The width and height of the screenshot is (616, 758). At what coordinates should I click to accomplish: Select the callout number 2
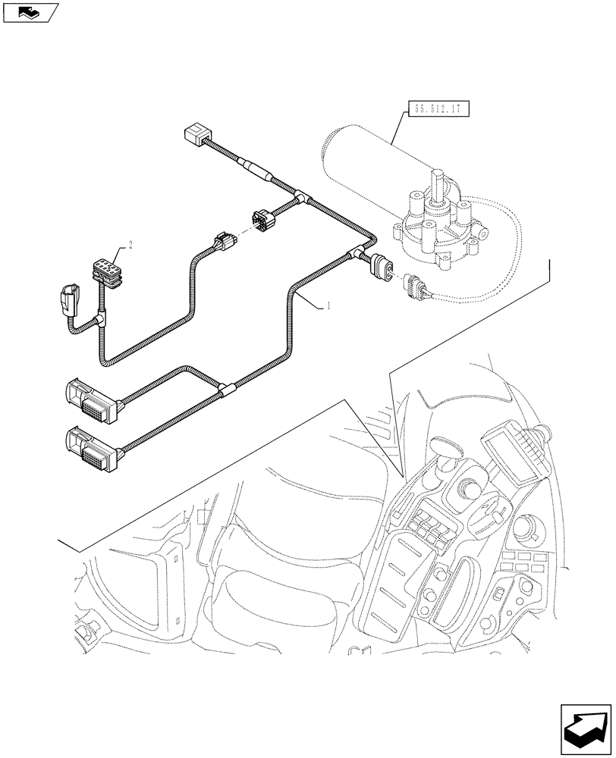(130, 244)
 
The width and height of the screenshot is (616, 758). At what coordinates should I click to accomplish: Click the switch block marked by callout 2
(105, 270)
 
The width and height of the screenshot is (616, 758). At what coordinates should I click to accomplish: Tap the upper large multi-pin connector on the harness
(90, 399)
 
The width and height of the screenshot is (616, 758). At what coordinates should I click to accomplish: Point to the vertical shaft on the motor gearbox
(437, 186)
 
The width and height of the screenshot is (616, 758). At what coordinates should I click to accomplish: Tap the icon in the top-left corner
(30, 13)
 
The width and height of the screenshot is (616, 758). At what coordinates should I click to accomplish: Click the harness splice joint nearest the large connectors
(226, 392)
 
